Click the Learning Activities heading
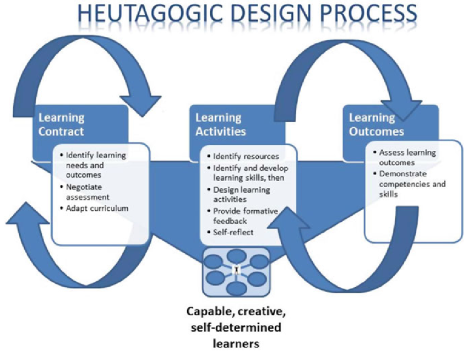221,124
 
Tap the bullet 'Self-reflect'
233,232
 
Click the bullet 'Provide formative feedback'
245,216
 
